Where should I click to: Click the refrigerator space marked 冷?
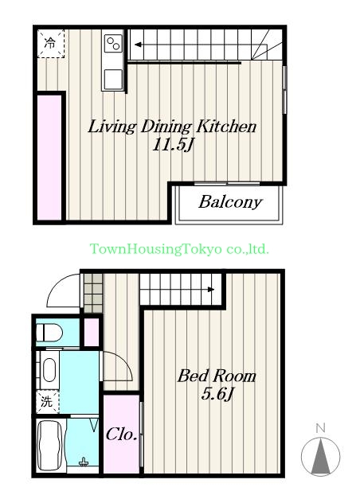[x=51, y=44]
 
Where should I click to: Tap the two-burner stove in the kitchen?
[x=113, y=43]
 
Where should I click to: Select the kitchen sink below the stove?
[x=113, y=80]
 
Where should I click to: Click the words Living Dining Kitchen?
[x=172, y=127]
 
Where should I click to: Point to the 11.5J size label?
[x=173, y=145]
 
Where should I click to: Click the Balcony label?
[x=230, y=202]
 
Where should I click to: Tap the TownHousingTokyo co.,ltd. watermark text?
[x=179, y=249]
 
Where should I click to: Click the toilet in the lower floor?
[x=49, y=333]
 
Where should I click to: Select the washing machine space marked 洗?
[x=48, y=402]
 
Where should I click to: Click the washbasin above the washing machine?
[x=49, y=370]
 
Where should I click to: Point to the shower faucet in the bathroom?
[x=84, y=462]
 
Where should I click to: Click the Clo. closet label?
[x=122, y=435]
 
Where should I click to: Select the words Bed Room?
[x=217, y=376]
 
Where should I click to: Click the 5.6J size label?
[x=217, y=395]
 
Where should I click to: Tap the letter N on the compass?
[x=320, y=428]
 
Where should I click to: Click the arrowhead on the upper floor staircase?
[x=138, y=45]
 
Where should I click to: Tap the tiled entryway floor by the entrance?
[x=93, y=293]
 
